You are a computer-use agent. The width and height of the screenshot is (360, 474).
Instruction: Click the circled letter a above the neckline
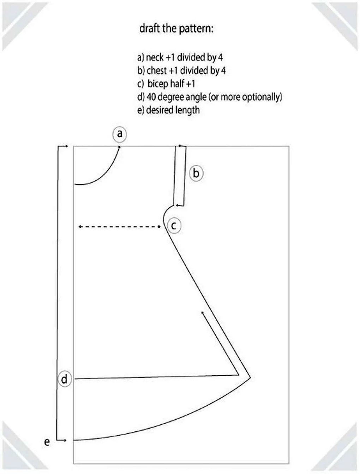point(120,134)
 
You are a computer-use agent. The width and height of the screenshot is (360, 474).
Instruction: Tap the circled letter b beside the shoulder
point(196,173)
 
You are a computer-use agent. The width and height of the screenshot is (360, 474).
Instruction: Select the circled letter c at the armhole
point(174,226)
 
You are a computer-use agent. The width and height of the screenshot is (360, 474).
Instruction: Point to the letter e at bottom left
point(47,442)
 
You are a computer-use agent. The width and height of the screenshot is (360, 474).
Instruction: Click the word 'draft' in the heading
point(149,29)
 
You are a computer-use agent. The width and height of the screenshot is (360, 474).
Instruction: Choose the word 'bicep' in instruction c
point(158,84)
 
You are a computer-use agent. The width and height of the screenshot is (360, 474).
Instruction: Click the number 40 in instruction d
point(151,97)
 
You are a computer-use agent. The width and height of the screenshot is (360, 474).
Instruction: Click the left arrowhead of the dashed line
point(80,227)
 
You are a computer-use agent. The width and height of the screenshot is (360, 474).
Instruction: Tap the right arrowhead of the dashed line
point(159,227)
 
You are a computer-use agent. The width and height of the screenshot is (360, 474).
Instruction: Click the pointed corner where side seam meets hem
point(250,377)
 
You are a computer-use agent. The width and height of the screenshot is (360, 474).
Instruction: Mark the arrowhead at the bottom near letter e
point(65,440)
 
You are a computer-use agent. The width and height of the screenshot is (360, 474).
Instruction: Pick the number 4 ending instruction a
point(220,57)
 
